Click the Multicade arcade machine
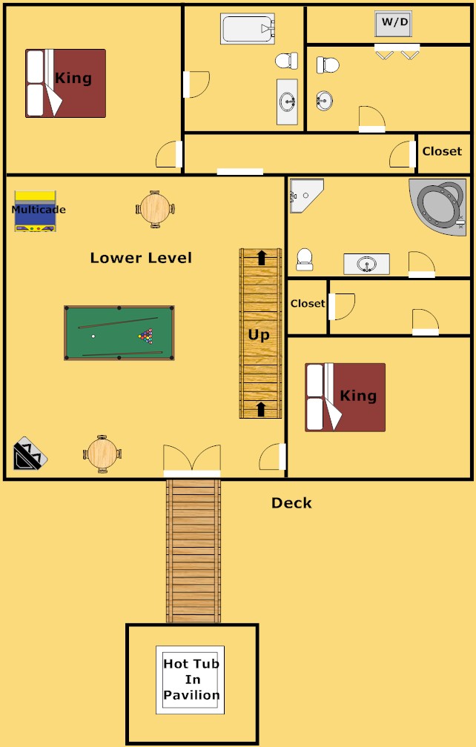tap(35, 211)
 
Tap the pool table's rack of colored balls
tap(147, 336)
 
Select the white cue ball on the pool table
tap(93, 336)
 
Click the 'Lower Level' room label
tap(141, 258)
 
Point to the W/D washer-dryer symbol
tap(394, 23)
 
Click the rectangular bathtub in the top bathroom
tap(248, 29)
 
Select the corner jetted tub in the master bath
tap(440, 205)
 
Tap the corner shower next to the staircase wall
tap(305, 195)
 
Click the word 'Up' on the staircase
tap(259, 334)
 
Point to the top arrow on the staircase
tap(261, 257)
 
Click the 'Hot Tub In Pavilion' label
tap(191, 680)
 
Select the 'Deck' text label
tap(291, 503)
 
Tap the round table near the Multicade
tap(156, 209)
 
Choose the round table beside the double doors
tap(102, 454)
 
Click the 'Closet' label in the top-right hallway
tap(442, 151)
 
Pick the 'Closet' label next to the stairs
tap(307, 304)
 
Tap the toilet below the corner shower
tap(304, 259)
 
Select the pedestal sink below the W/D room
tap(324, 99)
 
